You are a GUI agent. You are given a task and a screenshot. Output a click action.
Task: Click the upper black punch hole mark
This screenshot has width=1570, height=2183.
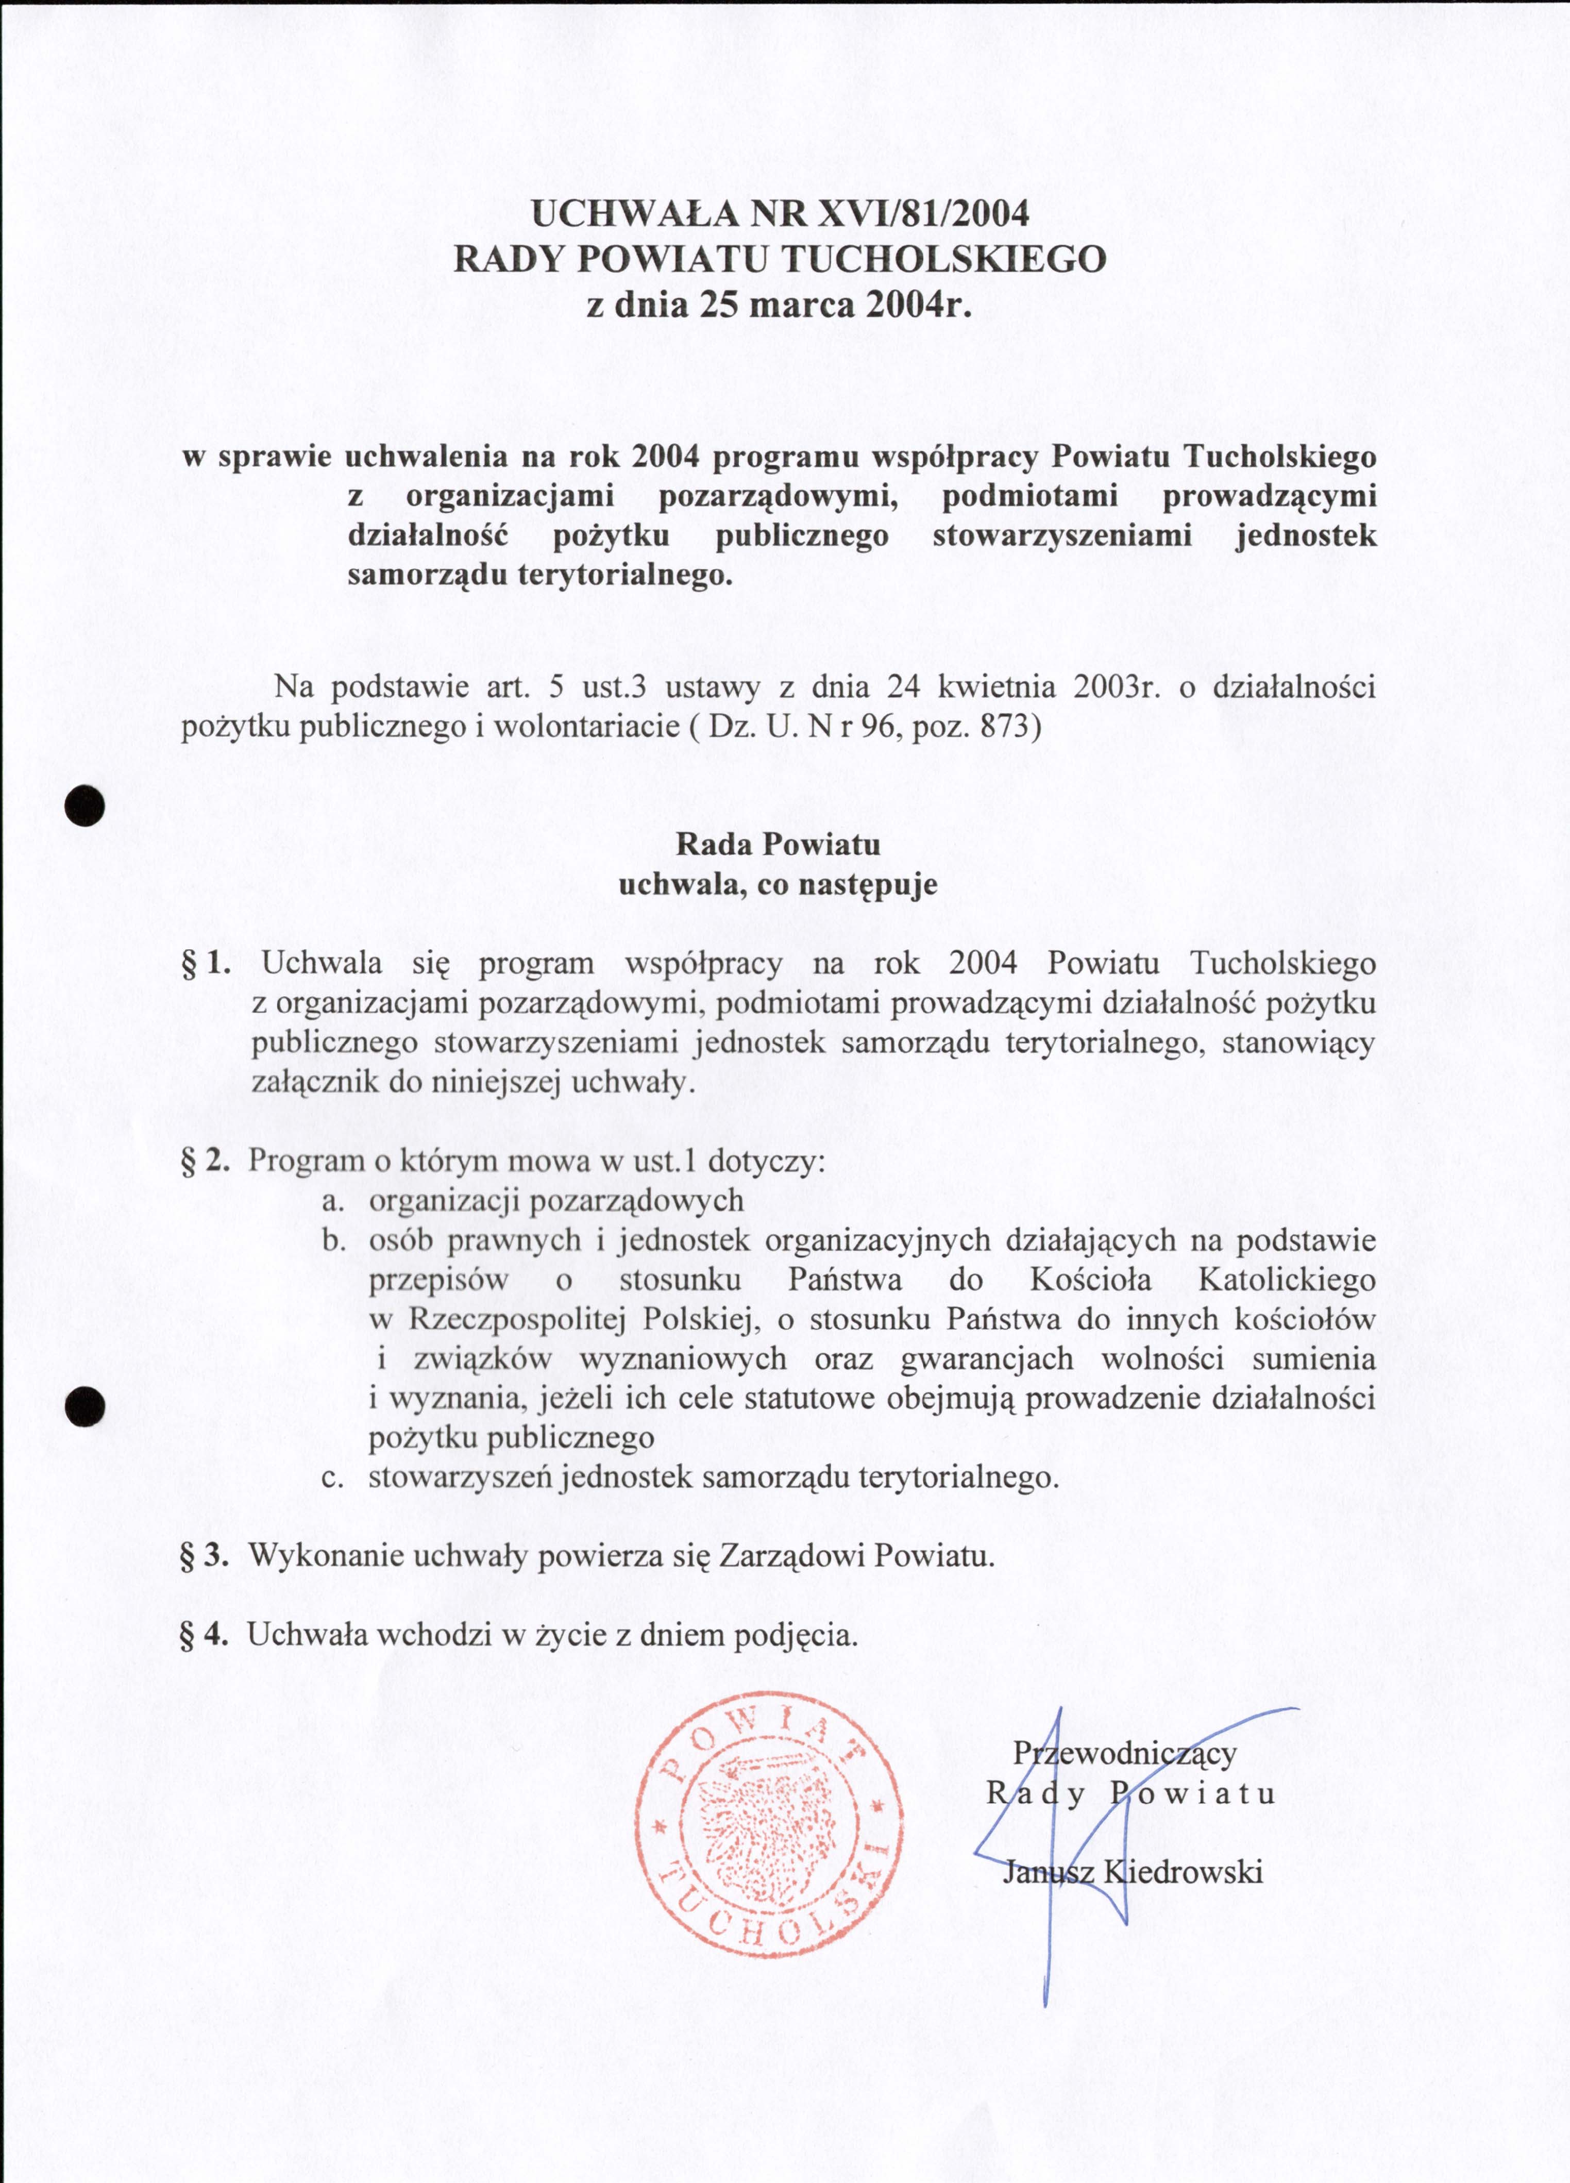[x=85, y=805]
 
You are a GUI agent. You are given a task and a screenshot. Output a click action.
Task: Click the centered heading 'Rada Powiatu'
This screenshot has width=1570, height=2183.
[x=778, y=844]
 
